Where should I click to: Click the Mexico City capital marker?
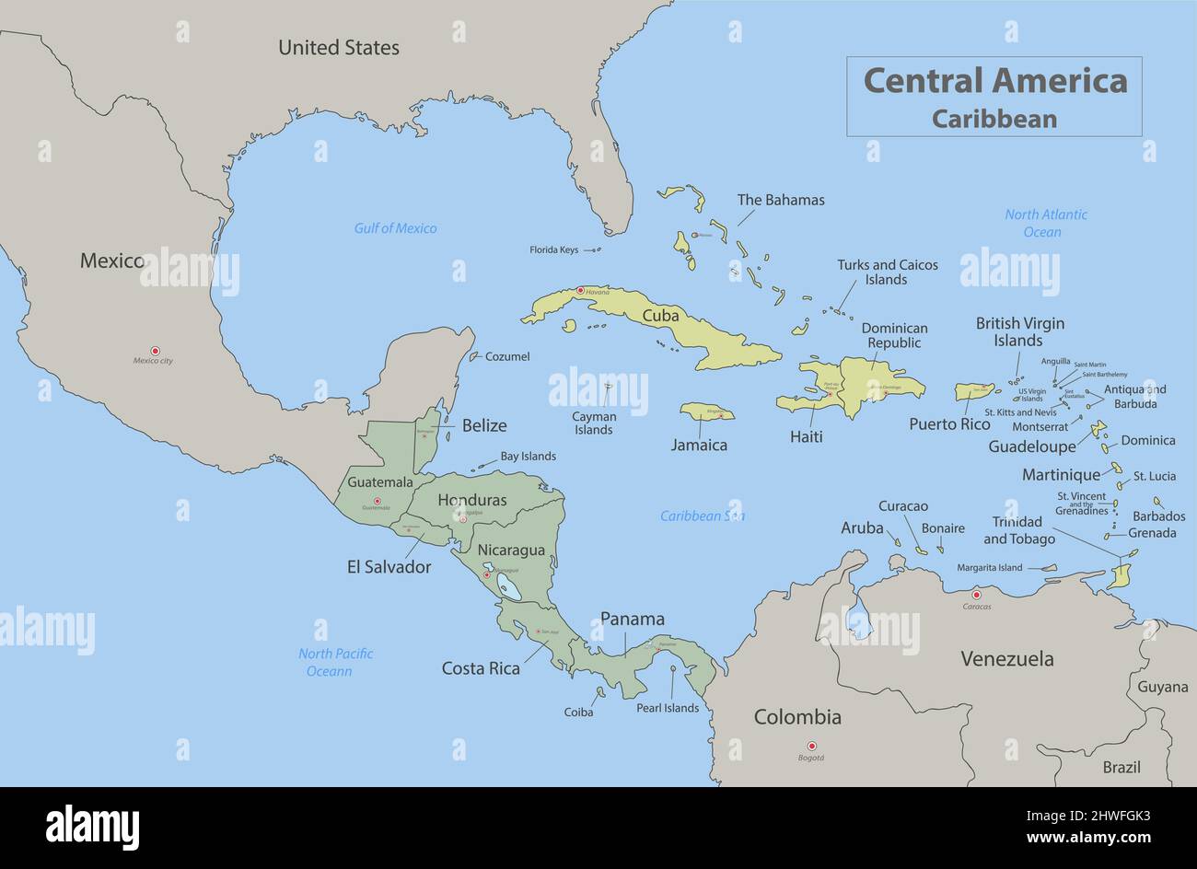[x=155, y=351]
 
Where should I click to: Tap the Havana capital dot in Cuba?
[x=579, y=291]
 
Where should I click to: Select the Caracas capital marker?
[x=977, y=595]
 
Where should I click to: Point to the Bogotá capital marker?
[x=811, y=746]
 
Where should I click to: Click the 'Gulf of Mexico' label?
[x=395, y=228]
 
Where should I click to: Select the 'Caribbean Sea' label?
[x=702, y=516]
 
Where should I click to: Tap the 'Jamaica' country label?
[x=699, y=446]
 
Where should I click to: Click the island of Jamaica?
[x=707, y=411]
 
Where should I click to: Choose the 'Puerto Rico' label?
[x=949, y=424]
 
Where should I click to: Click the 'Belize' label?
[x=484, y=425]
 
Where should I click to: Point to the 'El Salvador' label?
[x=389, y=567]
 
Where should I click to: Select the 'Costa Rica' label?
[x=481, y=668]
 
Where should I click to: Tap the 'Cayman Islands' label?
[x=594, y=423]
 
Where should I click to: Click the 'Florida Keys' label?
[x=553, y=249]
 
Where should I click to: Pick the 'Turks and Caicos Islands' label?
[x=887, y=272]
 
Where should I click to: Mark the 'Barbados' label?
[x=1158, y=516]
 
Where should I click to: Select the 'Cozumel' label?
[x=507, y=356]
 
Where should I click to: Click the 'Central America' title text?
[x=994, y=81]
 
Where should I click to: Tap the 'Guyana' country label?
[x=1162, y=687]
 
